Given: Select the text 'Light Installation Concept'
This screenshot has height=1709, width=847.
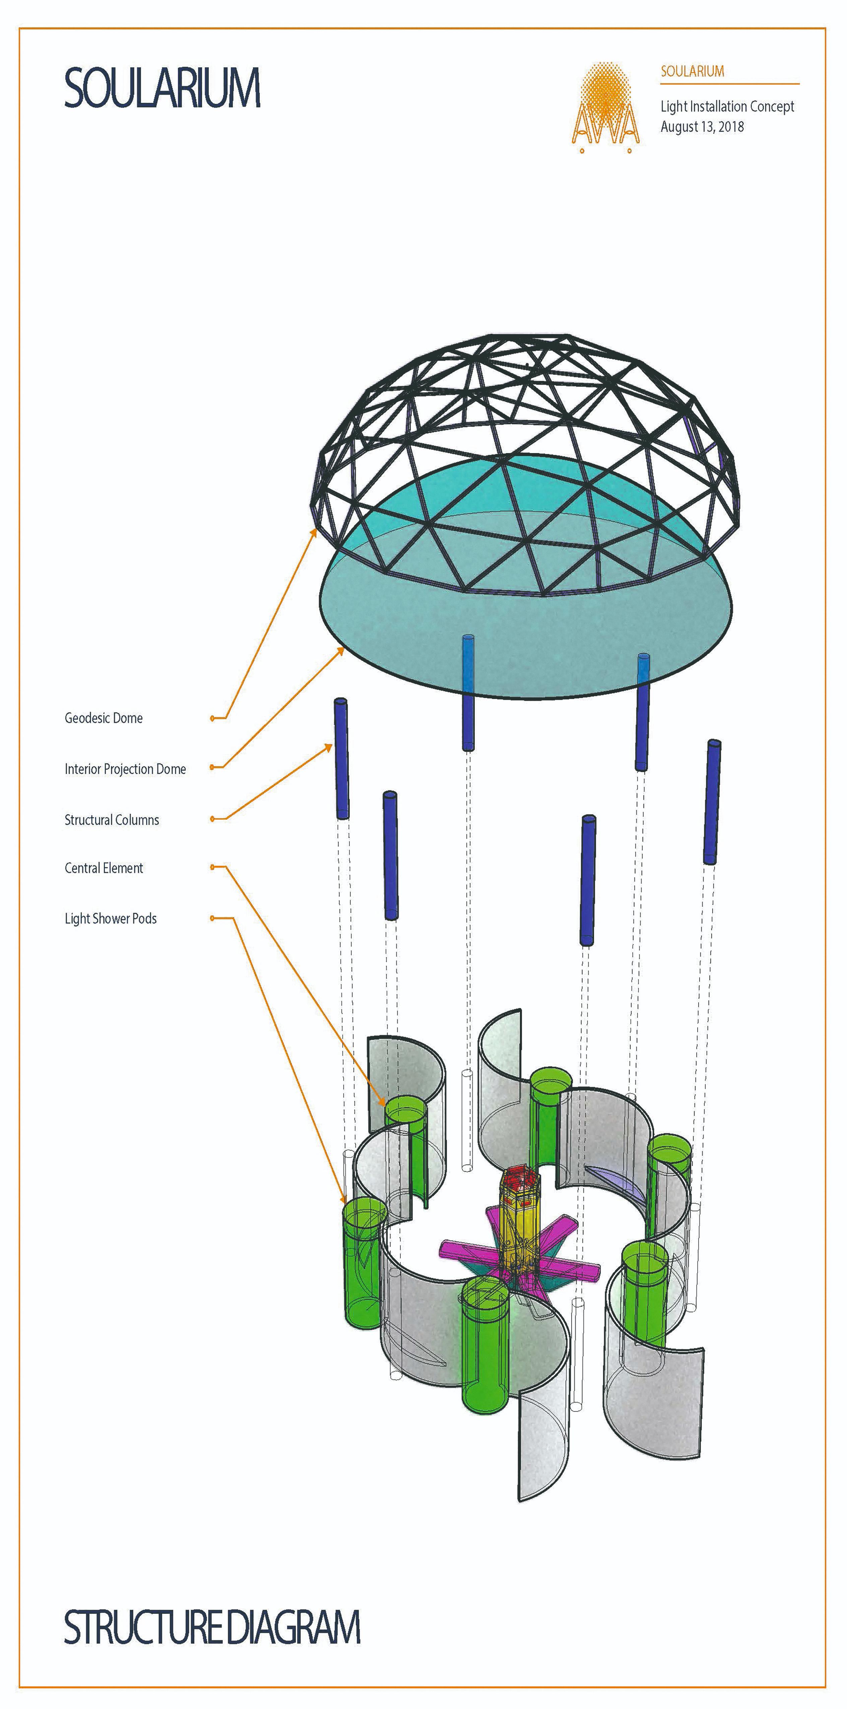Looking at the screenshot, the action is click(x=727, y=106).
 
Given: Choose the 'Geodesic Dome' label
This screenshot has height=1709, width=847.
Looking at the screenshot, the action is click(x=104, y=718).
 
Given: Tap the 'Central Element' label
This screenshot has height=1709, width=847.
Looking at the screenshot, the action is click(x=104, y=868).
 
